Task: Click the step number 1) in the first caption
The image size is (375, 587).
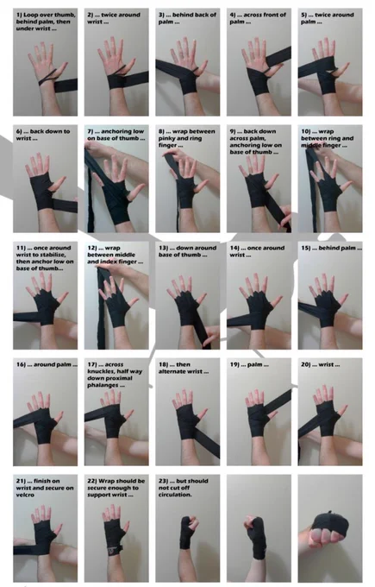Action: click(x=19, y=15)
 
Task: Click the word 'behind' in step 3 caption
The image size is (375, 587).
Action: click(x=182, y=15)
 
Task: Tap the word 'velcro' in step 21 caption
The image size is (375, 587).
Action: click(x=25, y=495)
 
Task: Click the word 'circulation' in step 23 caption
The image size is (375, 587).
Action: click(x=175, y=495)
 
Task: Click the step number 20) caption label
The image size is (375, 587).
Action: click(x=306, y=364)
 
